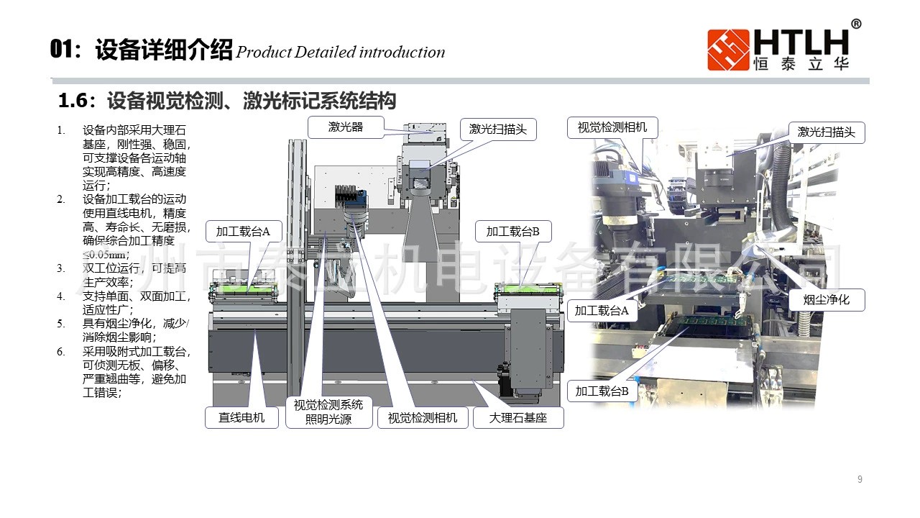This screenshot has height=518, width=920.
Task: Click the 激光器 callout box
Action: [346, 127]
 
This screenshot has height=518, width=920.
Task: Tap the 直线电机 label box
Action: [241, 417]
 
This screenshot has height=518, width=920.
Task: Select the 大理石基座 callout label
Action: [518, 417]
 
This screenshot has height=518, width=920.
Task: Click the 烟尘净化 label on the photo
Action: [826, 299]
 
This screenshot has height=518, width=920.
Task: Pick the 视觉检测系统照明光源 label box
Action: [328, 412]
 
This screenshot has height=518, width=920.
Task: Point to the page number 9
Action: [860, 480]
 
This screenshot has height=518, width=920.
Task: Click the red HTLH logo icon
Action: [728, 50]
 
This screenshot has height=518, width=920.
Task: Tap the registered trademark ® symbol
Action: [856, 24]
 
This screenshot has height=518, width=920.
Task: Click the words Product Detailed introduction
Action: [340, 53]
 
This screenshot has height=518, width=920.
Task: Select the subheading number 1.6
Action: [73, 101]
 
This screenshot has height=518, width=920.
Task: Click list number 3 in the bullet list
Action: [61, 268]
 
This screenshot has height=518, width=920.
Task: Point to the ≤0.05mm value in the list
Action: [106, 255]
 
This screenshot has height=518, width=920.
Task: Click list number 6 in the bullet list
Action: [61, 352]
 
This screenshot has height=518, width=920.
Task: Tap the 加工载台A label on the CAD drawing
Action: [243, 232]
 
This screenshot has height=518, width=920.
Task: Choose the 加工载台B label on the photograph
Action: [602, 391]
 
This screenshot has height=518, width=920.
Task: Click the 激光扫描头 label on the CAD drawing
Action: [498, 129]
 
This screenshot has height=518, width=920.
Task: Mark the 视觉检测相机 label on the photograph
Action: [612, 127]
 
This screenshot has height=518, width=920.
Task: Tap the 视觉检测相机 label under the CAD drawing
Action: [423, 417]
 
